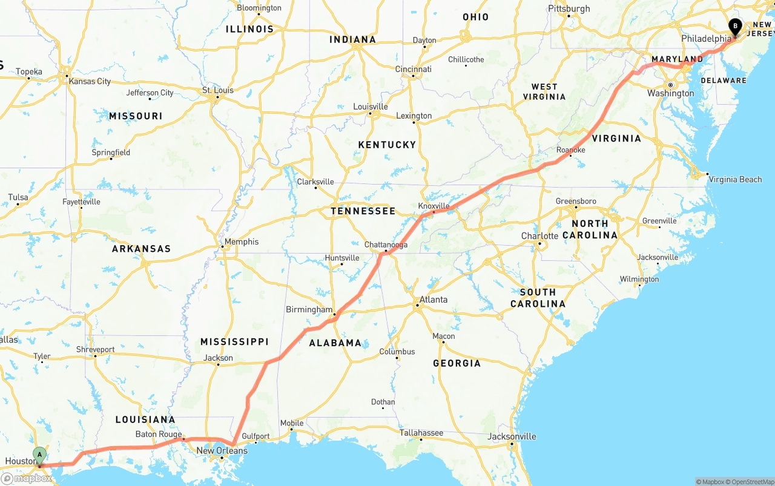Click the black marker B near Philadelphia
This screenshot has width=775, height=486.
point(735,27)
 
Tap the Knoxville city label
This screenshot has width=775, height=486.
point(434,206)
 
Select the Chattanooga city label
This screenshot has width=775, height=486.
point(386,245)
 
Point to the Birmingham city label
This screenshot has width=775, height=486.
point(309,309)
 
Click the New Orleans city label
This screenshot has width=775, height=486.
point(222,451)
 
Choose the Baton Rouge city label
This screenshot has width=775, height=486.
point(159,434)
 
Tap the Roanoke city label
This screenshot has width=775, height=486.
point(570,150)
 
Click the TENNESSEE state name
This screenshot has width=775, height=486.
point(363,211)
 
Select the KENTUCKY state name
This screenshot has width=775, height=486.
point(387,145)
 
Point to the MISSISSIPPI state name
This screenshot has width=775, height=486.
point(234,342)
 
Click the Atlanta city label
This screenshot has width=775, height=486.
point(434,300)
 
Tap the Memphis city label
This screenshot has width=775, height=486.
point(241,242)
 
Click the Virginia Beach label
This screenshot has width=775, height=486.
point(735,179)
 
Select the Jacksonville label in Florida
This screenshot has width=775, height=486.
point(512,436)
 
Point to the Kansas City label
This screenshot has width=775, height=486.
point(90,81)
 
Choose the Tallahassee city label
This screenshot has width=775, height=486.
point(421,433)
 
